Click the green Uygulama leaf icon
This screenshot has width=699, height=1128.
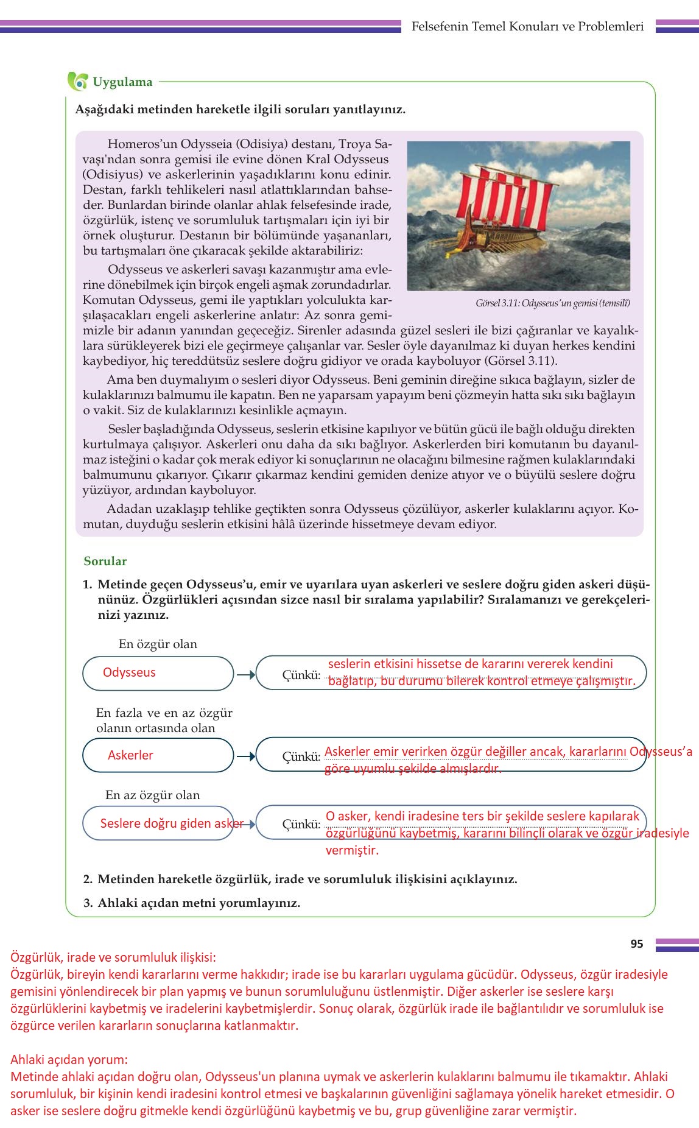point(77,82)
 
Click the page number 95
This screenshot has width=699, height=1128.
point(636,943)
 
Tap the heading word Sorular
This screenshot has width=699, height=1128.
point(105,561)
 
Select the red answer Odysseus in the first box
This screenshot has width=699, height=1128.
point(129,672)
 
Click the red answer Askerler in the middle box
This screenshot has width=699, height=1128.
point(130,755)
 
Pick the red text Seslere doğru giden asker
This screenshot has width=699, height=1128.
point(172,823)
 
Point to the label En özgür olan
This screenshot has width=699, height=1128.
point(158,644)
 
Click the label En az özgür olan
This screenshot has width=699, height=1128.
point(152,795)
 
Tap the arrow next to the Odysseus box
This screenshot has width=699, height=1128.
point(245,675)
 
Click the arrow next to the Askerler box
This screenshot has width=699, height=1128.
point(245,756)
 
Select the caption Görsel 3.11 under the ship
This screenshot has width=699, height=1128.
point(552,303)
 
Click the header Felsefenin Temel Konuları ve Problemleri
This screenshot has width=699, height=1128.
point(527,26)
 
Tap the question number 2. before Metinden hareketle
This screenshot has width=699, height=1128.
point(88,879)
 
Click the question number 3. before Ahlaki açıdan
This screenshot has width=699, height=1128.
point(88,903)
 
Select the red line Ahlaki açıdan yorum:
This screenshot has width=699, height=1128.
point(69,1059)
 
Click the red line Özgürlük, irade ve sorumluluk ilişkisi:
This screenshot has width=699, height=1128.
point(113,957)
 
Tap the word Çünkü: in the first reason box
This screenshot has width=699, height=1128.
point(301,675)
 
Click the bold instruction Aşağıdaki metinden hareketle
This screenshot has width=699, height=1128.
point(240,110)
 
